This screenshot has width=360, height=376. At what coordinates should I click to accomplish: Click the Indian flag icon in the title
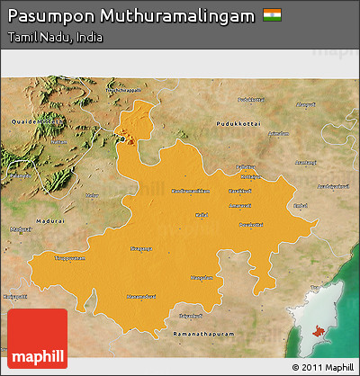(x=271, y=15)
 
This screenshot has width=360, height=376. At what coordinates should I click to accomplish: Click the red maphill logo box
(x=37, y=338)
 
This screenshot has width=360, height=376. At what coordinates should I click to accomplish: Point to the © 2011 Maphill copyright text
(x=320, y=367)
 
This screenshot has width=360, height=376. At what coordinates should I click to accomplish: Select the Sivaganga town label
(x=141, y=248)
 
